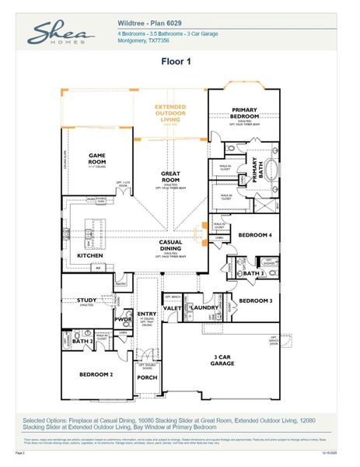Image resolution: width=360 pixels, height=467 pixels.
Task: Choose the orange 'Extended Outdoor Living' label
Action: (x=170, y=112)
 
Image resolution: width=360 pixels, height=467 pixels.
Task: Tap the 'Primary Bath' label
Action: (x=254, y=170)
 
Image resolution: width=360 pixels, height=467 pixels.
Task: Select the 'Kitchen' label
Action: (x=91, y=255)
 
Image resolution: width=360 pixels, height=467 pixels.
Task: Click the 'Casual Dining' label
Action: (x=170, y=245)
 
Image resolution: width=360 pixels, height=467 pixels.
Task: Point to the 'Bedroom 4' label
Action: (x=254, y=234)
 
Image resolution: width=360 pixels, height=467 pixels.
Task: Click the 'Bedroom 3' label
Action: (x=254, y=300)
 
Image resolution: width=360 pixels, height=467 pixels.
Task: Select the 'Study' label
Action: (x=87, y=300)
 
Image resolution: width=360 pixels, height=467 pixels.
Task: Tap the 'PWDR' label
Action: (x=123, y=319)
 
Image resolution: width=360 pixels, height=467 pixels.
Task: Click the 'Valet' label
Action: (x=173, y=308)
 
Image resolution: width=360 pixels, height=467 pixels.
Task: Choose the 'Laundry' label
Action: (x=204, y=308)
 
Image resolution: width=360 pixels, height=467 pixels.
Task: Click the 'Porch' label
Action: (x=147, y=377)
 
